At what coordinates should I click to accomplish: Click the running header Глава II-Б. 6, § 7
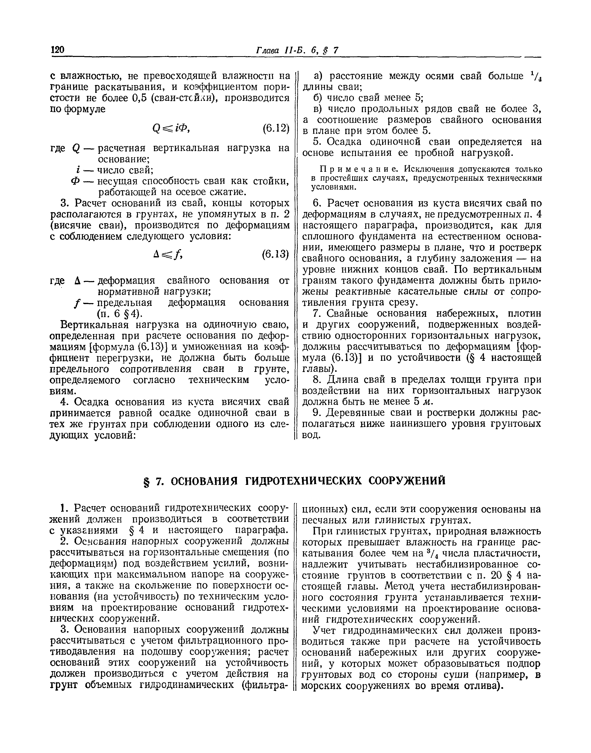click(296, 50)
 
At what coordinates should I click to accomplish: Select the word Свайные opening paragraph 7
click(349, 314)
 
